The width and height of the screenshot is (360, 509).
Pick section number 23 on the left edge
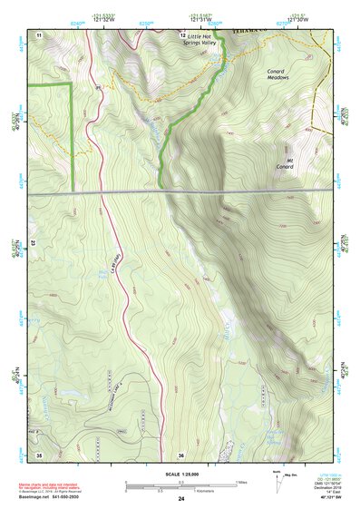pyautogui.click(x=33, y=242)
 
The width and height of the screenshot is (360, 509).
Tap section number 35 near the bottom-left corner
pyautogui.click(x=38, y=454)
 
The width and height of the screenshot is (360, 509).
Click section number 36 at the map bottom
pyautogui.click(x=181, y=454)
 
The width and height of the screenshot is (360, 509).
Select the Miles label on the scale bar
pyautogui.click(x=242, y=483)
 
